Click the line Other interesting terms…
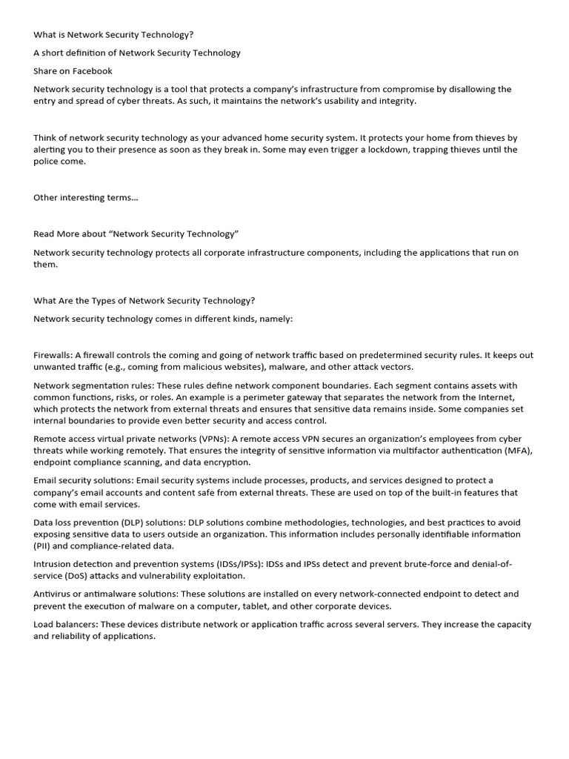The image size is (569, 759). (x=85, y=197)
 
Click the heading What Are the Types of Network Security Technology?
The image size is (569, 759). (x=144, y=301)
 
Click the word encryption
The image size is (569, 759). (x=205, y=463)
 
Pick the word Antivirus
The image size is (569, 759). (x=54, y=594)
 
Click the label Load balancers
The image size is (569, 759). (x=65, y=624)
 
